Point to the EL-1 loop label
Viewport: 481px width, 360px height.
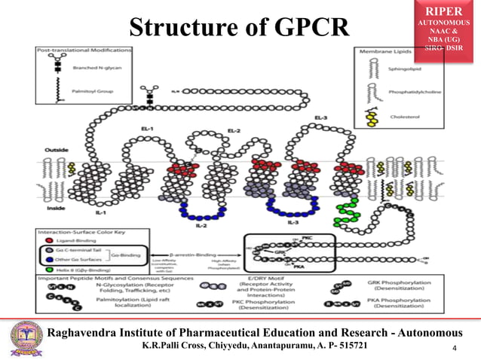(147, 128)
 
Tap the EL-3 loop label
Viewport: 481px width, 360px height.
(320, 118)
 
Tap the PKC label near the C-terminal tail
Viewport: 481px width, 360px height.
(306, 238)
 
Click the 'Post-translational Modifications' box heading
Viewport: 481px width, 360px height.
(69, 50)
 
